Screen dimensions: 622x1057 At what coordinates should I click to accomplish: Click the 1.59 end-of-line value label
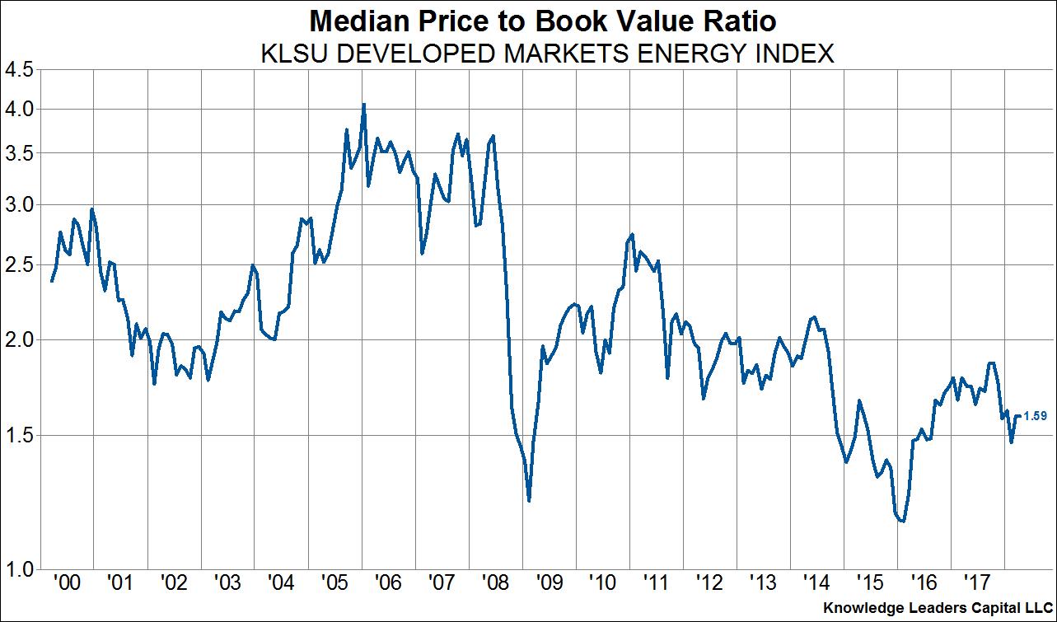(x=1035, y=416)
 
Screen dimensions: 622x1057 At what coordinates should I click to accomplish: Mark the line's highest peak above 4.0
(x=363, y=104)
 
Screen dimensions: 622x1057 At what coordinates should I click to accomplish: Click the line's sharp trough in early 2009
(x=528, y=500)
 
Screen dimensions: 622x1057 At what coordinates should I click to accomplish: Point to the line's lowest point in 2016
(x=903, y=521)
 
